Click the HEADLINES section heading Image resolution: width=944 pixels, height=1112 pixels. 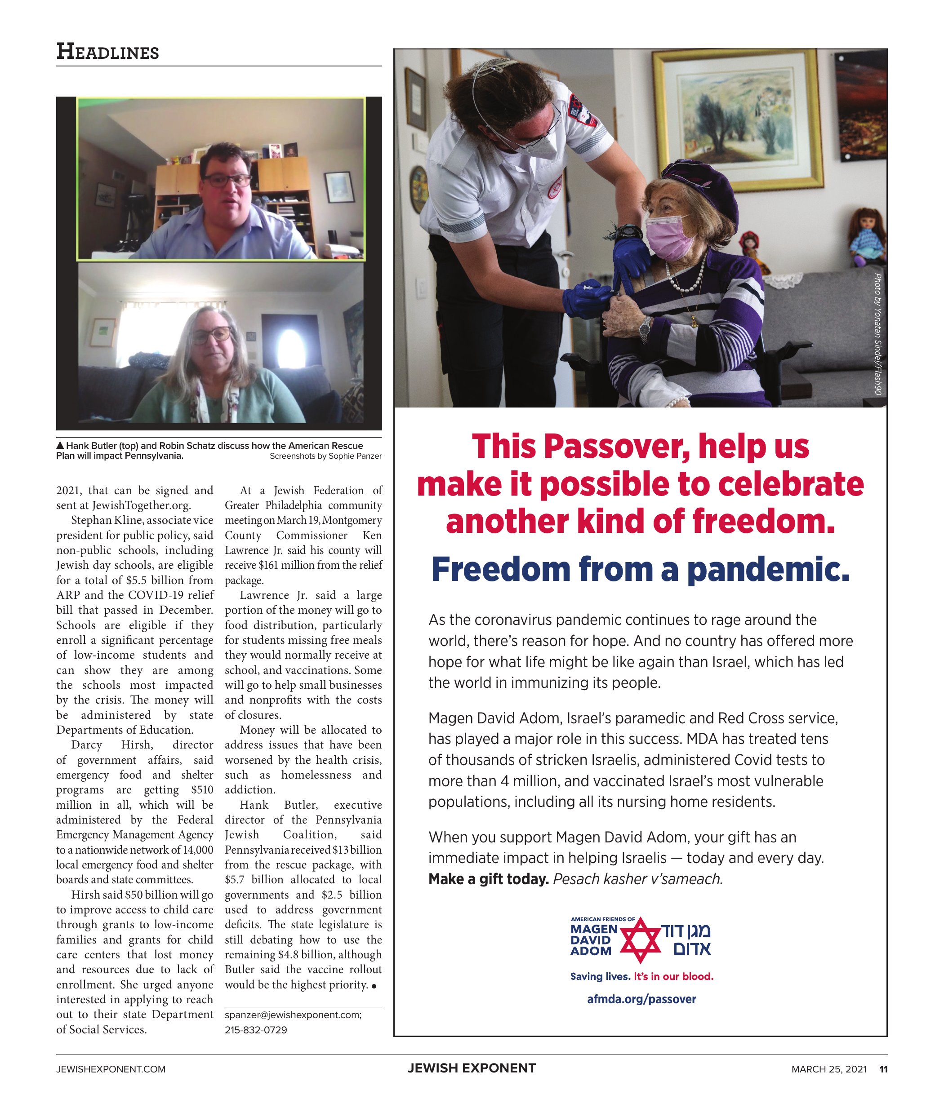pos(107,52)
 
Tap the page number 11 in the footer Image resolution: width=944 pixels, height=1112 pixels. pos(883,1069)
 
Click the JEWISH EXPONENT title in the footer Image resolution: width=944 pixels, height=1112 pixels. pos(472,1068)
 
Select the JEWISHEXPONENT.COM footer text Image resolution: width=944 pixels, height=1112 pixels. pos(111,1069)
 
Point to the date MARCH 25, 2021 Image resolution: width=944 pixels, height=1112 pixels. pos(829,1069)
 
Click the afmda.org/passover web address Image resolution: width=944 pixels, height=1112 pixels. pos(641,999)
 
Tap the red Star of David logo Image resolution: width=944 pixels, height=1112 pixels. pos(641,940)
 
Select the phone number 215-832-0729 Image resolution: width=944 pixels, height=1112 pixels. pos(256,1030)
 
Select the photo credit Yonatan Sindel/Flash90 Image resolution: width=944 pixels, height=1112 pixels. pos(877,334)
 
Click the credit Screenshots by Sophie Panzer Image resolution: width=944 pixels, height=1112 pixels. pos(325,456)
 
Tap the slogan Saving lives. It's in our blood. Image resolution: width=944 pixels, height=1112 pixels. pos(641,976)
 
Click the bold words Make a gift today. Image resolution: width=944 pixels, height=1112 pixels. pos(488,879)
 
